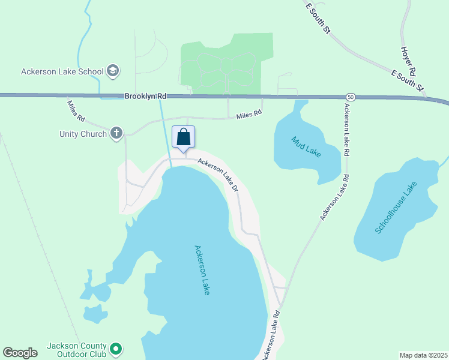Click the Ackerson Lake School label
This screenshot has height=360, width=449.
coord(62,71)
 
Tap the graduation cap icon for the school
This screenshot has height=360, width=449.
coord(112,71)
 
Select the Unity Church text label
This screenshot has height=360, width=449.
coord(83,134)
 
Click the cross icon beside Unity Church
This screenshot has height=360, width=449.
coord(116,133)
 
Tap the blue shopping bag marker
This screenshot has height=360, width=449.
coord(183,137)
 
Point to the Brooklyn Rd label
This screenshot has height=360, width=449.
coord(145,96)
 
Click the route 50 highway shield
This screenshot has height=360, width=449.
coord(350,97)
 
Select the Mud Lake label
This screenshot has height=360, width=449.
coord(306,146)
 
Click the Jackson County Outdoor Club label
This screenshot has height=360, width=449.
coord(77,350)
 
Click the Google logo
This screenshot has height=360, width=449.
coord(20,353)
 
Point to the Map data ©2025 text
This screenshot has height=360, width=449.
coord(423,355)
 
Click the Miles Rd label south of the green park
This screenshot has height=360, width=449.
coord(249,114)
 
